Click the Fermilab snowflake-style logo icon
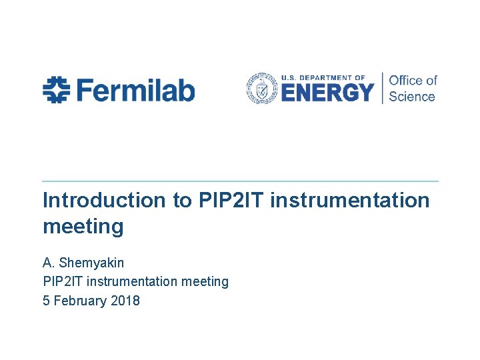coord(56,89)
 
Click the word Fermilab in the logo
coord(135,89)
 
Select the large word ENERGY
coord(327,92)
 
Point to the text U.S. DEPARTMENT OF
coord(323,77)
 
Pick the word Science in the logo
coord(411,97)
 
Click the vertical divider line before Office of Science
coord(382,88)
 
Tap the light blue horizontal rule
coord(240,181)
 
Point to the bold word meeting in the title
coord(83,227)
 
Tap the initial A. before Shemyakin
coord(48,263)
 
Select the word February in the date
coord(79,301)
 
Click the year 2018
coord(125,301)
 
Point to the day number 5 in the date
coord(46,301)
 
